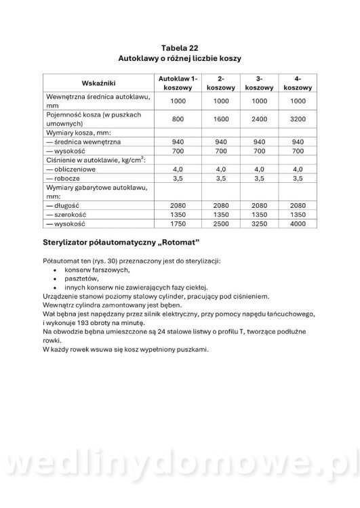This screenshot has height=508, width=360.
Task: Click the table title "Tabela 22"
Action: tap(180, 48)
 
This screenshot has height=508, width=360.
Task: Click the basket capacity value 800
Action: tap(178, 119)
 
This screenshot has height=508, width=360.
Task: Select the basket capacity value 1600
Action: tap(220, 119)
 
